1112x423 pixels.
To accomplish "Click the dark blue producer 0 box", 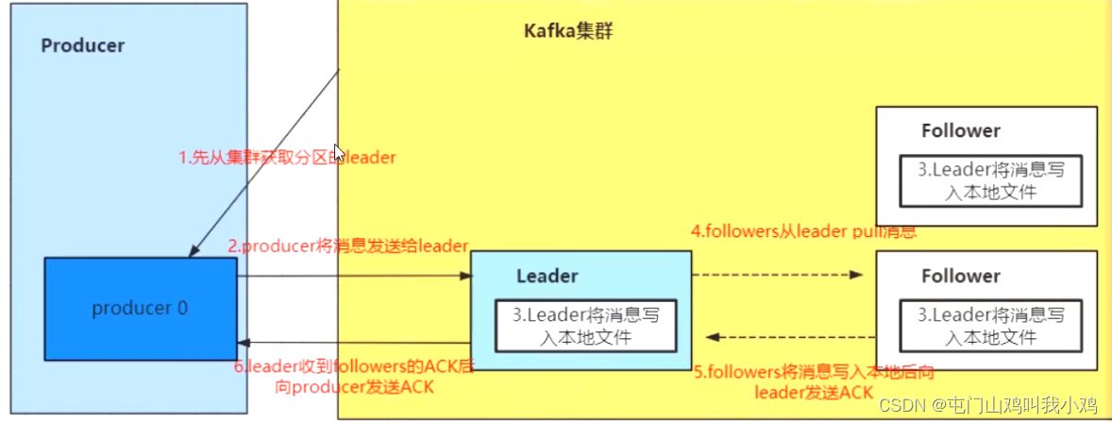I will point(140,309).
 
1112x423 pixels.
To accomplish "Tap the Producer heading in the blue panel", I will point(83,45).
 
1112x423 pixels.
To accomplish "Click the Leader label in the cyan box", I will point(548,276).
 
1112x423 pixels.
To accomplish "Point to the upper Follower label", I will point(961,131).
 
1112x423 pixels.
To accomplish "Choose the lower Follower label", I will point(961,276).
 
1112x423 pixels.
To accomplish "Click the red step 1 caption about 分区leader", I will point(287,159).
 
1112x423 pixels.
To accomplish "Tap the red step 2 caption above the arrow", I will point(347,246).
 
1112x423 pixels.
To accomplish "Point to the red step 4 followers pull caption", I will point(803,230).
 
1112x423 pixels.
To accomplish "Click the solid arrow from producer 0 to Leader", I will point(353,276).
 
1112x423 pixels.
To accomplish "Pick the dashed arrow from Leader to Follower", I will point(778,276).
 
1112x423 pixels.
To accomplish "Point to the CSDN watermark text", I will point(987,405).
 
